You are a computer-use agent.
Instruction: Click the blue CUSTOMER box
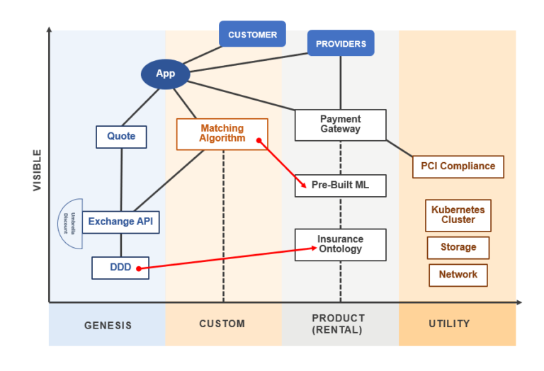tap(252, 34)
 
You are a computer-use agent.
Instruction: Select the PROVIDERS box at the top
tap(341, 44)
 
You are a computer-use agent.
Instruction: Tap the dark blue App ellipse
tap(165, 74)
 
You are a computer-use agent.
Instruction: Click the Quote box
tap(121, 137)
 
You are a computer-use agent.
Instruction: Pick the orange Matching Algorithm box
tap(222, 134)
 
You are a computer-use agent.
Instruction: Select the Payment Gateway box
tap(340, 125)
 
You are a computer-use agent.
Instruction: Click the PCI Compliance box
tap(458, 166)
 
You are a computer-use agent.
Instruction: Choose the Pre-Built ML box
tap(340, 185)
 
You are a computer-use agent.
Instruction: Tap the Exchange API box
tap(120, 222)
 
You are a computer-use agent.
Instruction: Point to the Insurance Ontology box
tap(340, 244)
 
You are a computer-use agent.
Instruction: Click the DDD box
tap(120, 268)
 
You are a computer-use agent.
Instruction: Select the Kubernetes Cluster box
tap(458, 215)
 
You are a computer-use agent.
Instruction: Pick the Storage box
tap(458, 248)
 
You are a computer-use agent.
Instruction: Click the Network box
tap(458, 275)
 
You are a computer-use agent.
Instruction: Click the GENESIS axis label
tap(108, 325)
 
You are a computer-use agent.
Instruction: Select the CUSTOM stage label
tap(222, 324)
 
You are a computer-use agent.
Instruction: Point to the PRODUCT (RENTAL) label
tap(339, 324)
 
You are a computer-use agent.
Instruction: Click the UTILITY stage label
tap(449, 324)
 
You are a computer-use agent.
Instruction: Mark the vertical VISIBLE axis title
tap(37, 170)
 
